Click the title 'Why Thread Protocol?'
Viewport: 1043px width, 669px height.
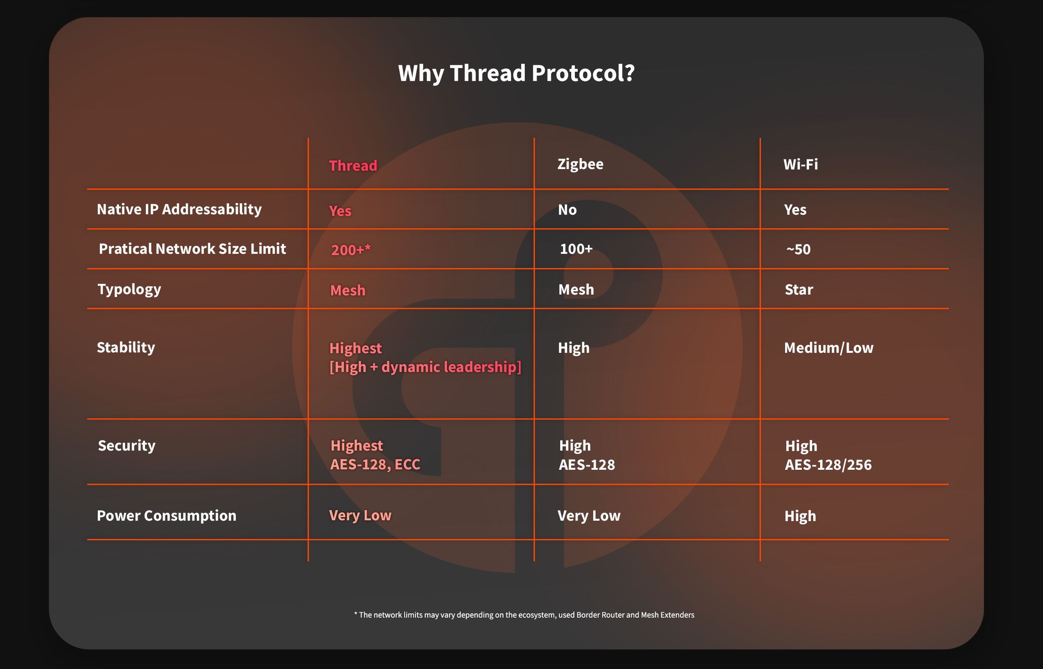pos(517,73)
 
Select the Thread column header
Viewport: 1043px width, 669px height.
pos(353,165)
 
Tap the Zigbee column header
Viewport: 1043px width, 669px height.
pos(580,164)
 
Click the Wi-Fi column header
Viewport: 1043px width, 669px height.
pos(801,164)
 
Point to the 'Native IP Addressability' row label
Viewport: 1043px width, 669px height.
pos(179,209)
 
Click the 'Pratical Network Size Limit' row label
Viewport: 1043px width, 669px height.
pos(192,249)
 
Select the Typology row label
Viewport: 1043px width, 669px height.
pos(129,289)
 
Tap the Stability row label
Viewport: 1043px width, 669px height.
pos(126,348)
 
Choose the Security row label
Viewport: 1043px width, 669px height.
pos(126,446)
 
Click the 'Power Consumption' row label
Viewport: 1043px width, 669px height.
pos(166,516)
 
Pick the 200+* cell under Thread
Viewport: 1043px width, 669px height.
pos(351,250)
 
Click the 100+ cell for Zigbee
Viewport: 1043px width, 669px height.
pos(576,249)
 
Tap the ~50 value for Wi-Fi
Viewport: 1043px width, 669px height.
pos(798,249)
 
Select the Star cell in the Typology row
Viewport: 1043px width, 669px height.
pos(799,290)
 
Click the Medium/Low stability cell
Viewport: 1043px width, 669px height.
pos(828,348)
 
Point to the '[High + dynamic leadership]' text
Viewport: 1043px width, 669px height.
pos(425,367)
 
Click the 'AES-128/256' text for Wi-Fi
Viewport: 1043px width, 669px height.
pos(828,465)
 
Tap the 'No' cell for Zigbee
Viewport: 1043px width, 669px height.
pos(567,210)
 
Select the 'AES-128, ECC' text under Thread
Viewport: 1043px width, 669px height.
pos(375,464)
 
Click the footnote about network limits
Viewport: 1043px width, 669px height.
pos(524,615)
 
